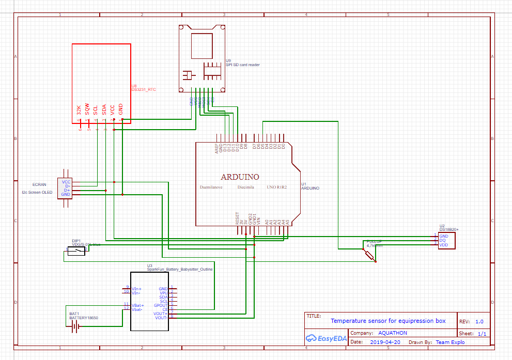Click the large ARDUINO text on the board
click(240, 177)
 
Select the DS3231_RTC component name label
click(144, 89)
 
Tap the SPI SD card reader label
click(243, 65)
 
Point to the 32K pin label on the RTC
click(79, 109)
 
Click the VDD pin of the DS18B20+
click(443, 245)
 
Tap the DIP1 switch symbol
click(76, 252)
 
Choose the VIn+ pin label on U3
click(137, 288)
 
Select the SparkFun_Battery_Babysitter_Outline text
click(180, 269)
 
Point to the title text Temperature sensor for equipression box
click(387, 321)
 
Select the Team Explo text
click(450, 342)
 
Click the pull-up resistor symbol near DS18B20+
click(369, 254)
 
